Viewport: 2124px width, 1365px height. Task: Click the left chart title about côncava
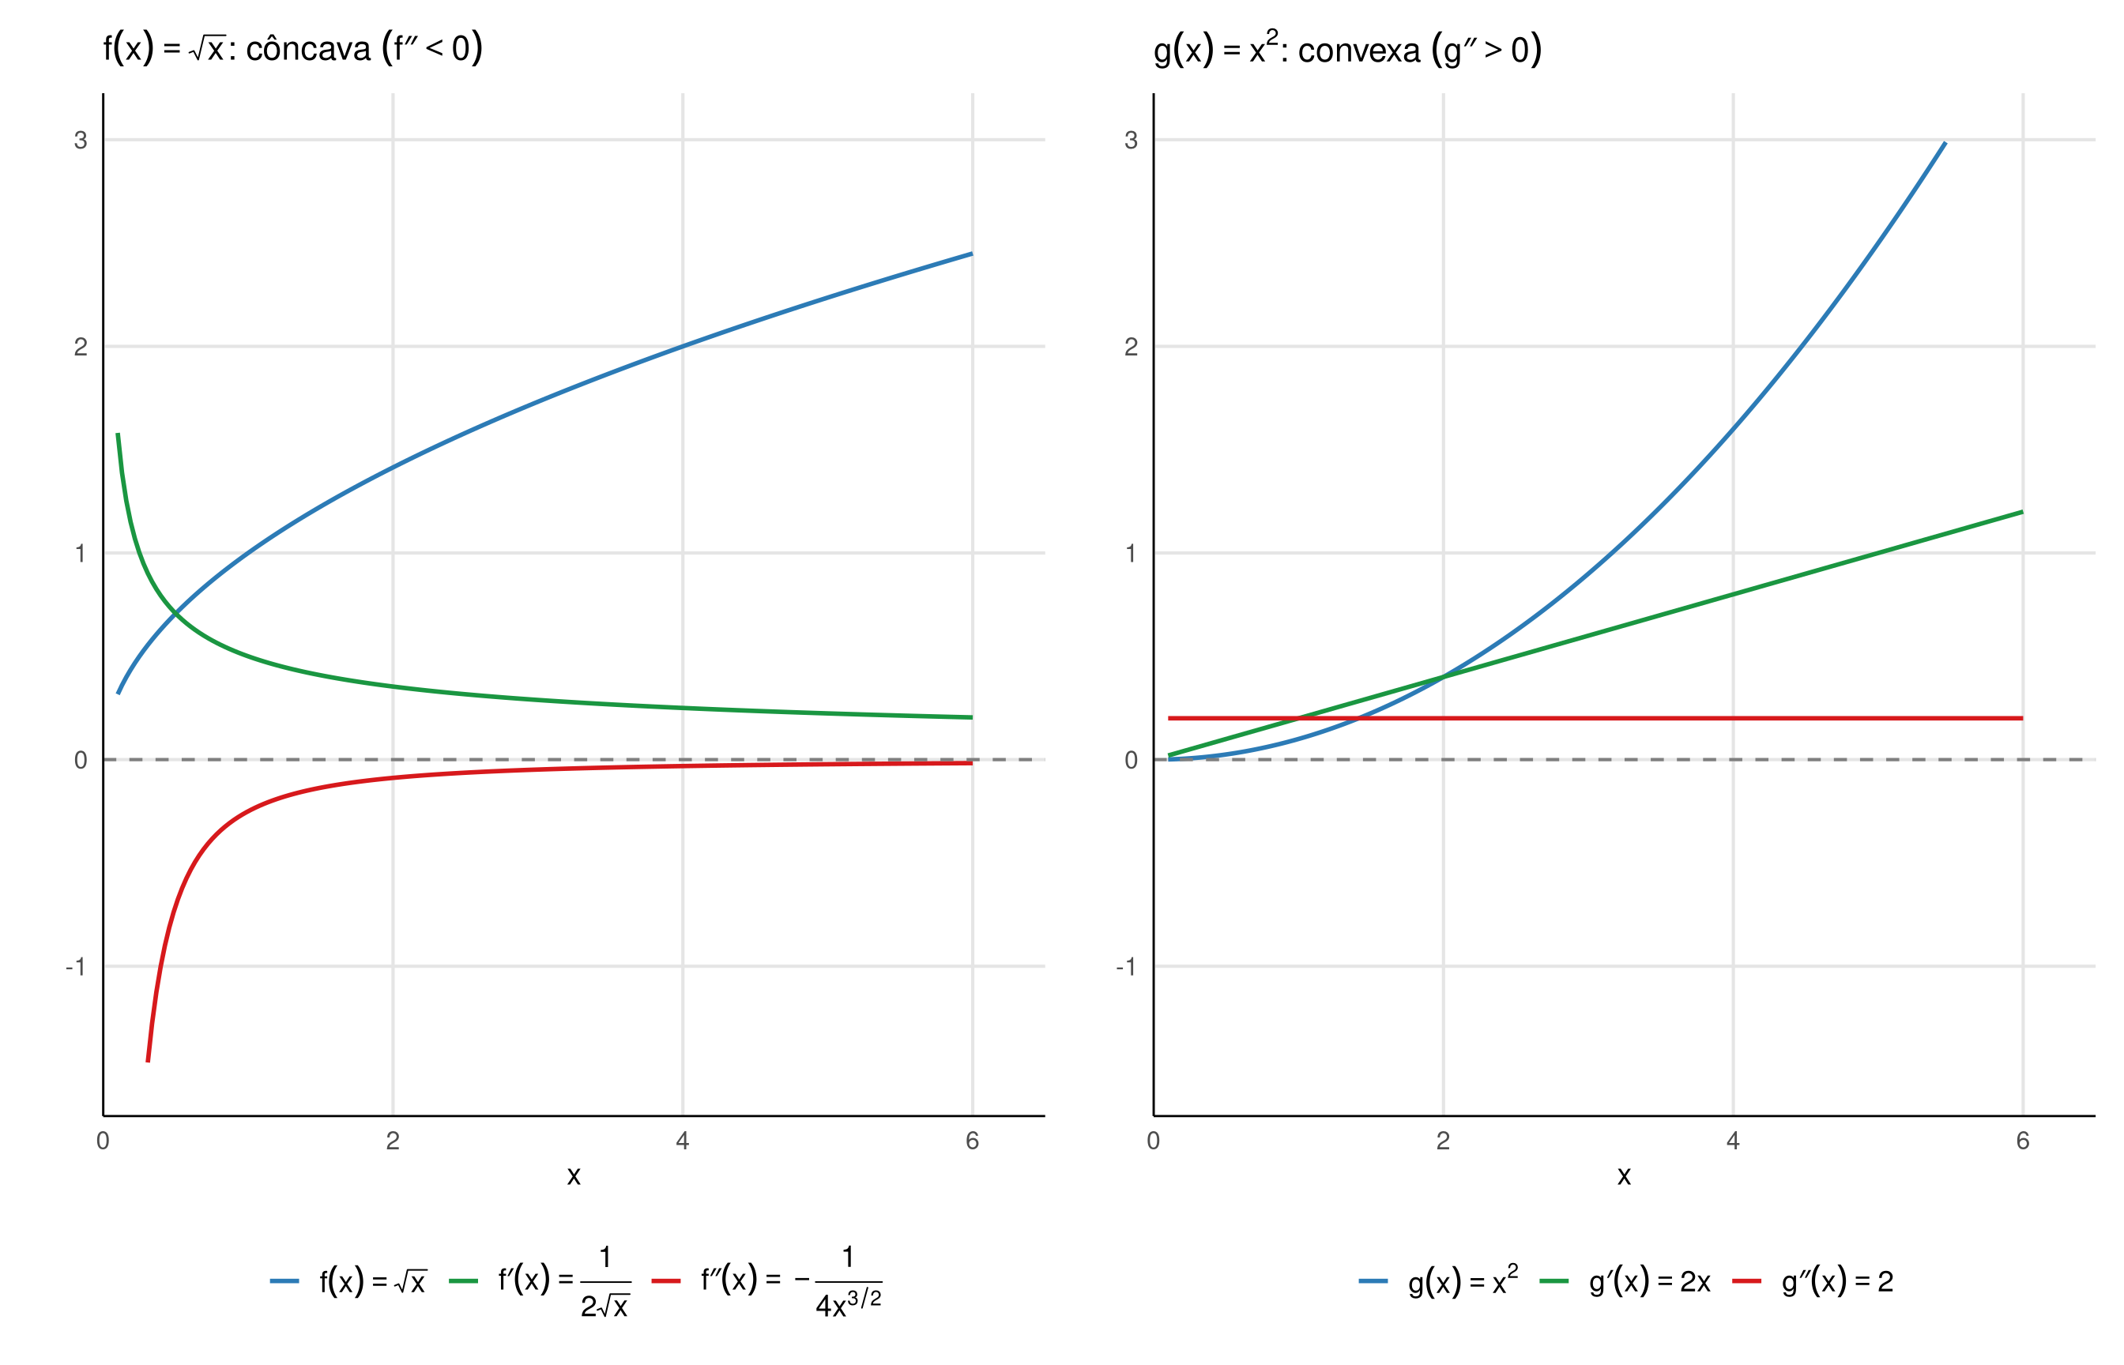point(292,48)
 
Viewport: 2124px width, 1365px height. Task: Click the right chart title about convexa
point(1346,50)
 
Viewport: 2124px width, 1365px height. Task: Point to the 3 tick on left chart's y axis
point(81,140)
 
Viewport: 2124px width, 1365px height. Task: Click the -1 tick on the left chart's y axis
point(76,967)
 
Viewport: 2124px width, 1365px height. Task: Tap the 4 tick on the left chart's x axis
point(683,1141)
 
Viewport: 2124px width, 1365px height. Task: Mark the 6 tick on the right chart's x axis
point(2023,1141)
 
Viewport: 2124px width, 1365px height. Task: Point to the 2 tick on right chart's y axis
point(1132,347)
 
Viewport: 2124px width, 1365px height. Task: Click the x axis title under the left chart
point(574,1176)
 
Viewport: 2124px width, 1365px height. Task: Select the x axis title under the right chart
point(1624,1176)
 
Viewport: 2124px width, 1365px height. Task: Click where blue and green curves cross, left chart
point(175,613)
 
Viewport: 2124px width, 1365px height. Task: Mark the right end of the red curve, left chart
point(972,763)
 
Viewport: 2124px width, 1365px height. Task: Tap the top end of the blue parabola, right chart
point(1945,143)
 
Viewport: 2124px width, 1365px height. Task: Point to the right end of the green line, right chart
point(2022,513)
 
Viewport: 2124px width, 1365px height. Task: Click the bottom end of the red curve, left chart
point(148,1060)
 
